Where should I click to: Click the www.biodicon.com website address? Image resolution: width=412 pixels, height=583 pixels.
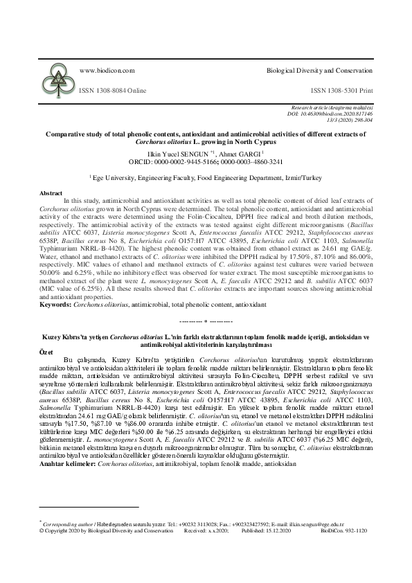click(x=107, y=71)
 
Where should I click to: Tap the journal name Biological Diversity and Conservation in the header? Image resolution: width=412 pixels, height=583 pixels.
click(x=320, y=71)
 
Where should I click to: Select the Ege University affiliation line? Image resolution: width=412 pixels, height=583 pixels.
click(x=206, y=178)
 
